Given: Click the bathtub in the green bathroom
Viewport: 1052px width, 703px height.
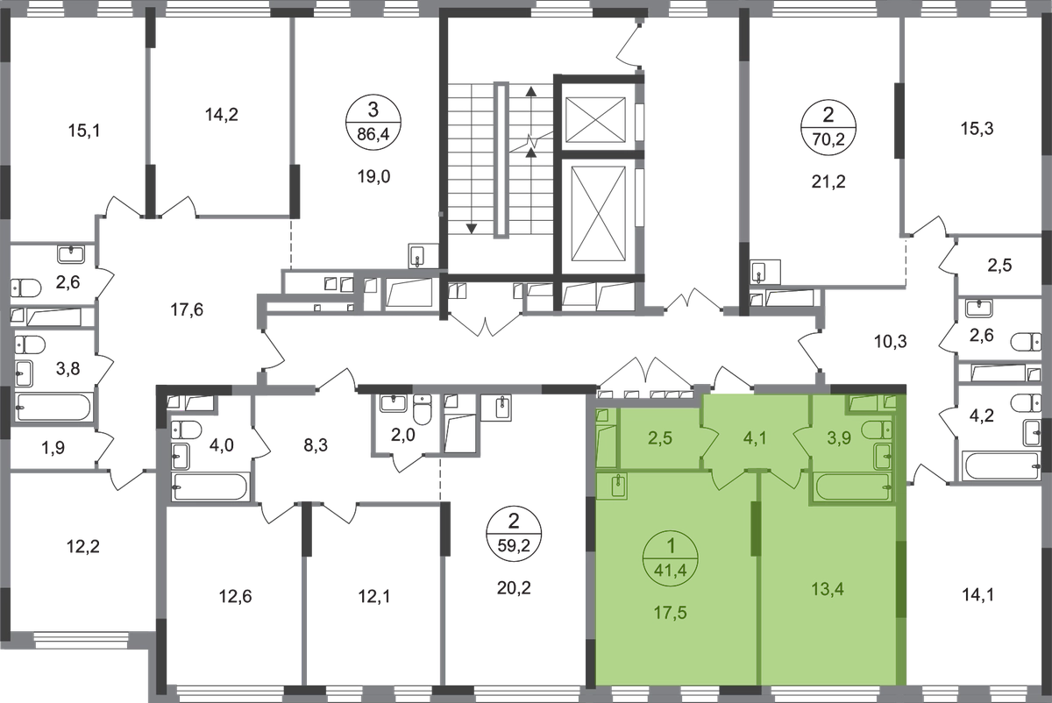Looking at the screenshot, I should (x=851, y=488).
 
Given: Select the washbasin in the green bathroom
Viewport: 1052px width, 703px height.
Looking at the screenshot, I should (x=882, y=455).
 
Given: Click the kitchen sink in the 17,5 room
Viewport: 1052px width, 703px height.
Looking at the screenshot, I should (x=618, y=485).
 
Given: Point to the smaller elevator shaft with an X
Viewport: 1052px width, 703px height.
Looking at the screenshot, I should (x=596, y=116).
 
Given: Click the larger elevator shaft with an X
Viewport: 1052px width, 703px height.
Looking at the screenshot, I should (x=596, y=208).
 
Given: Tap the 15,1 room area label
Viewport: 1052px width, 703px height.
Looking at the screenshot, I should (x=86, y=132).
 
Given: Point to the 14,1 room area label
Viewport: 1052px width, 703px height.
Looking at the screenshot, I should (x=977, y=601).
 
